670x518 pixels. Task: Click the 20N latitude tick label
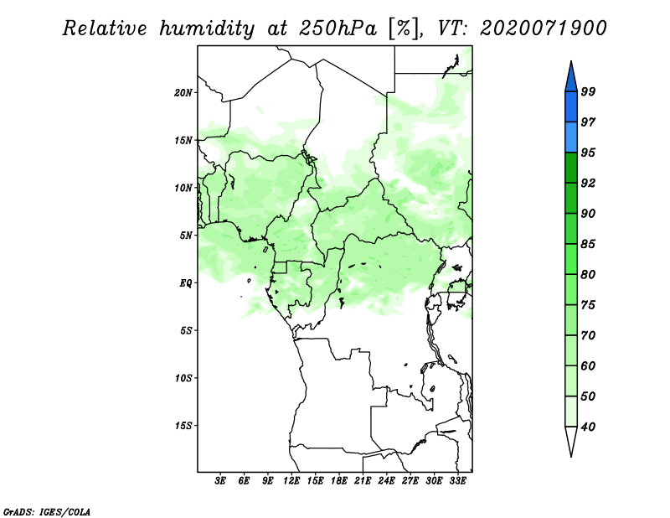(183, 93)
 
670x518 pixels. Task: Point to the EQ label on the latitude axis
(186, 283)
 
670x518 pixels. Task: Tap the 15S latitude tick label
(183, 426)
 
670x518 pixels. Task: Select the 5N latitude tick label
(186, 236)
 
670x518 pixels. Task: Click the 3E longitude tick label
(220, 480)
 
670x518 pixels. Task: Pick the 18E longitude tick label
(339, 480)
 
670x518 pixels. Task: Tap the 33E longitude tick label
(457, 480)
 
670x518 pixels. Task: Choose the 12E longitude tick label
(291, 480)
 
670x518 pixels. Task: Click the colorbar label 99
(588, 91)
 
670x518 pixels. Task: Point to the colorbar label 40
(588, 427)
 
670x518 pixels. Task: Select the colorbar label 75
(588, 305)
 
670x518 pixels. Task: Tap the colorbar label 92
(588, 183)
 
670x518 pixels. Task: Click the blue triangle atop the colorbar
(571, 80)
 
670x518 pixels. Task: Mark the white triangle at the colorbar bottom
(571, 438)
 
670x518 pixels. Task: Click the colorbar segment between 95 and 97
(571, 137)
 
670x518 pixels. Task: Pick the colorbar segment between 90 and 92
(571, 198)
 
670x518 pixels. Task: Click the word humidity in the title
(206, 28)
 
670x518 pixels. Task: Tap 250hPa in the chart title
(338, 28)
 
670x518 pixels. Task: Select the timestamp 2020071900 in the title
(544, 28)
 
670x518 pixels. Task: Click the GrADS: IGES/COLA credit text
(47, 511)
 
